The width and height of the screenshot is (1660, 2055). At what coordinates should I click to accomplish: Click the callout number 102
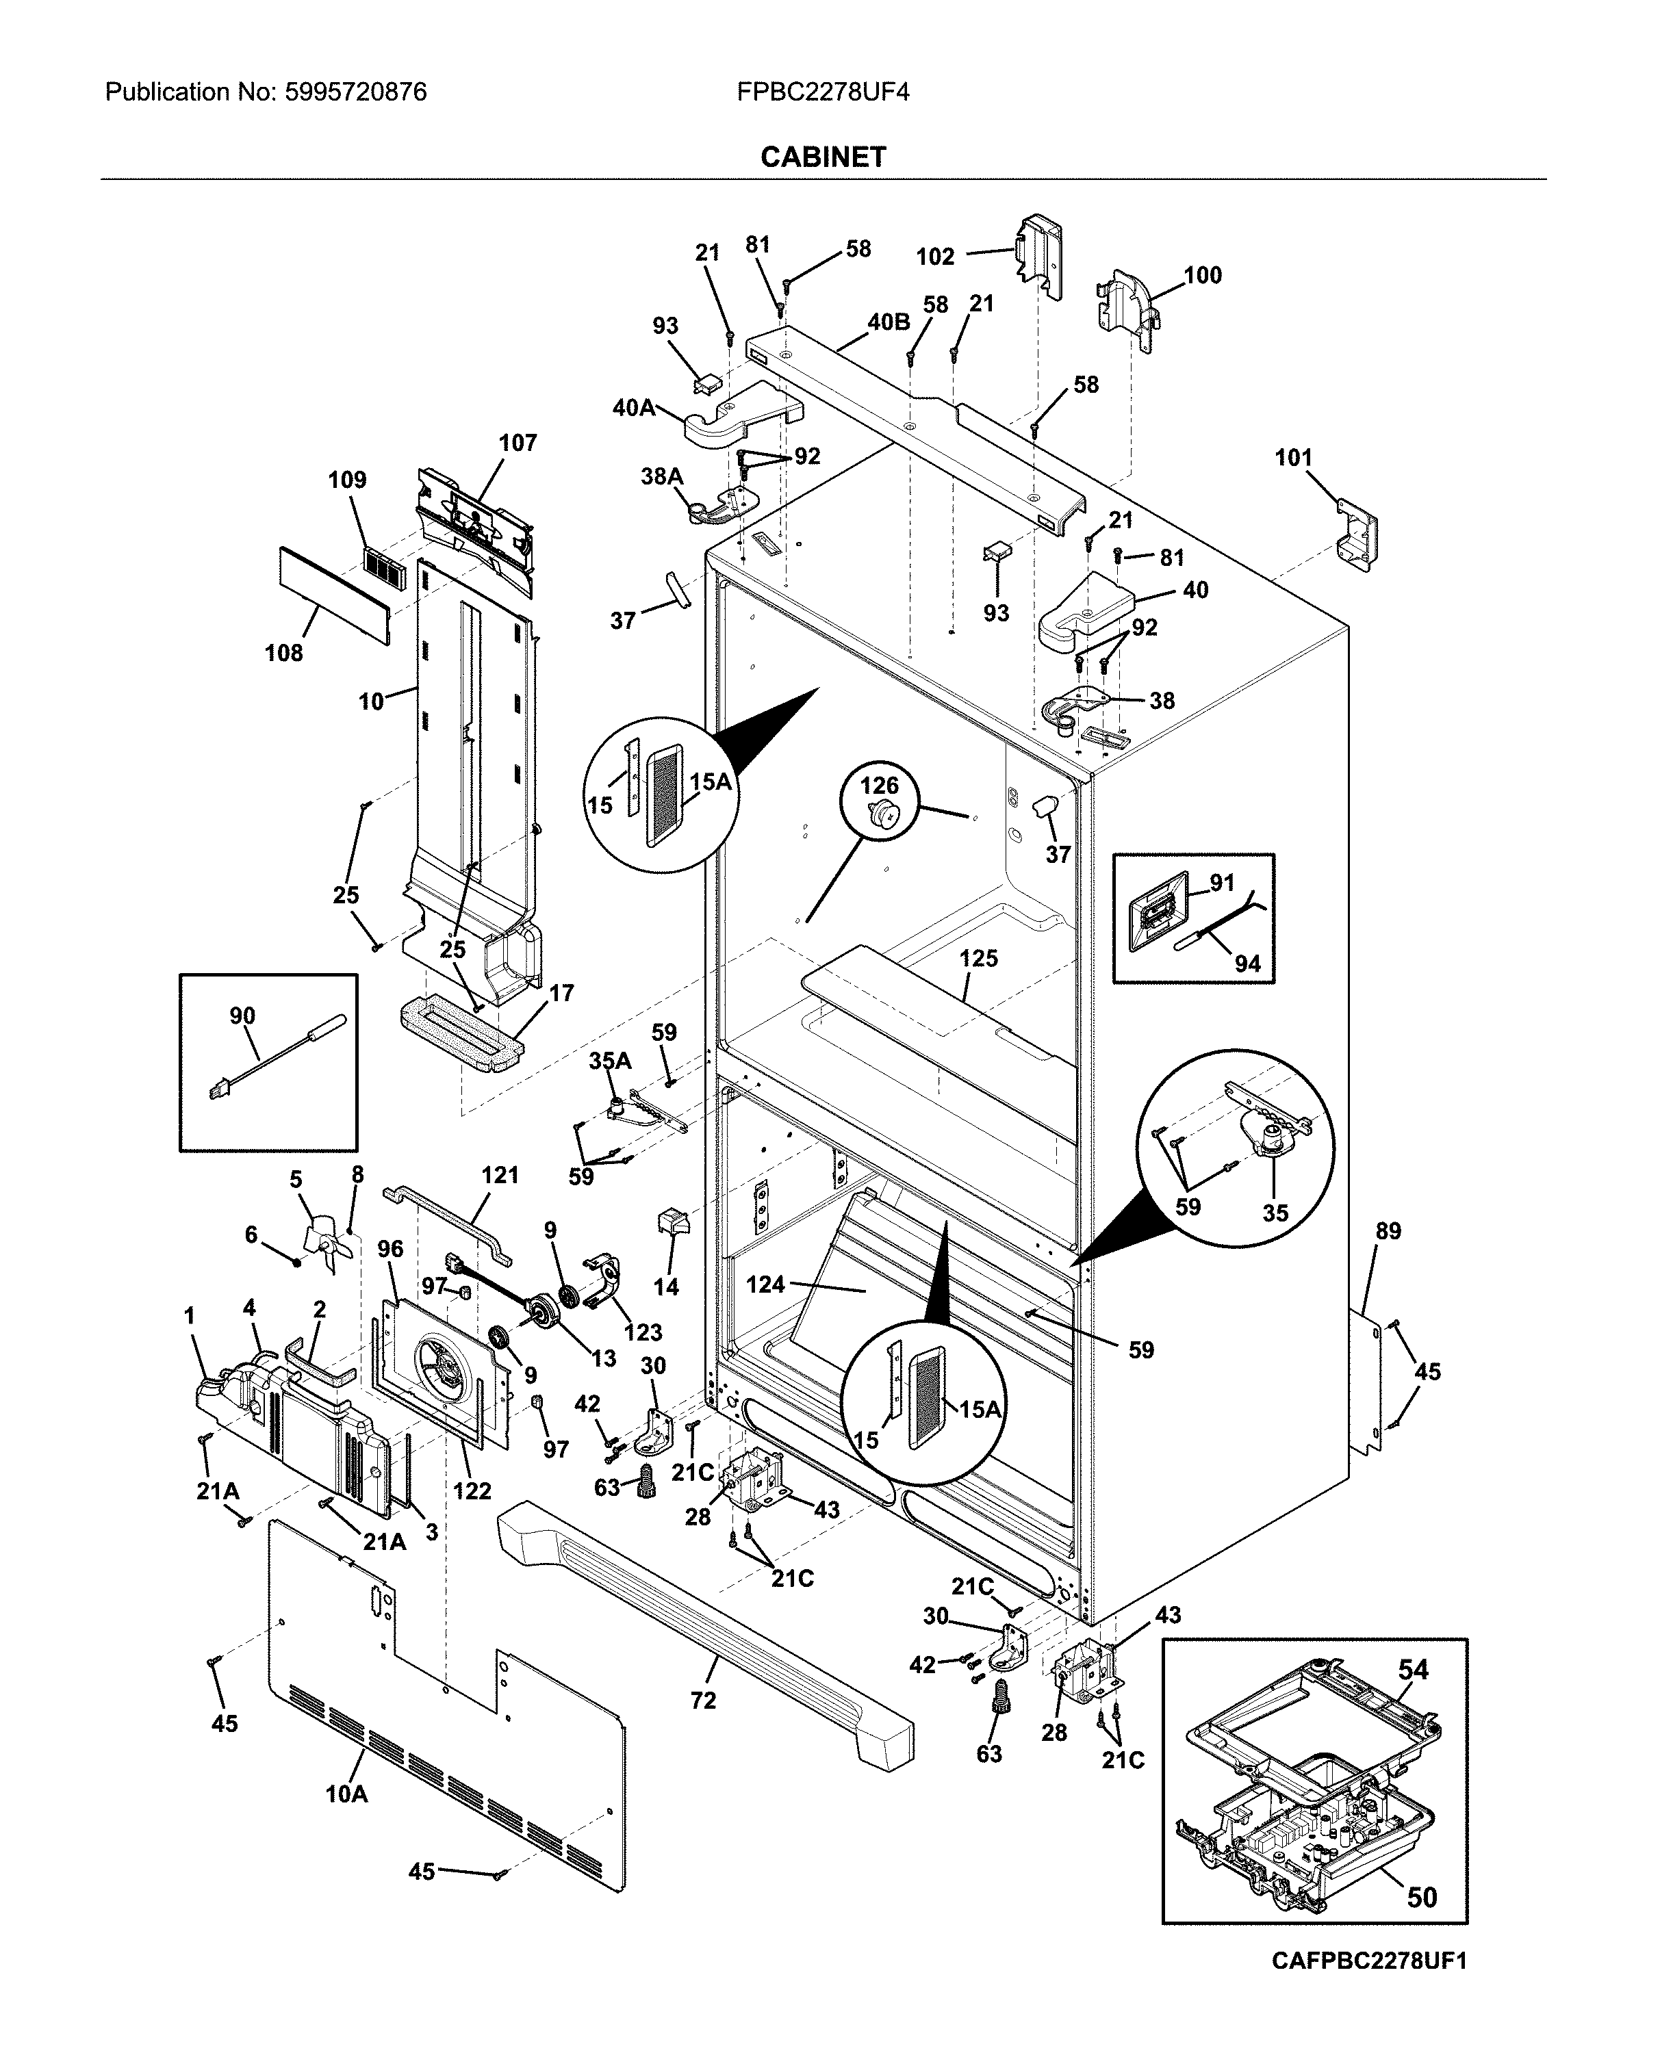[934, 256]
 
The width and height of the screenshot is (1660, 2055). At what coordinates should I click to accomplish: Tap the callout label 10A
[346, 1794]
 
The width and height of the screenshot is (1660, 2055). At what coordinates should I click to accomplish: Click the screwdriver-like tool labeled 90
[277, 1058]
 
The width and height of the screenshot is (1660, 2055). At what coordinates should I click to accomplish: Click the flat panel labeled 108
[335, 595]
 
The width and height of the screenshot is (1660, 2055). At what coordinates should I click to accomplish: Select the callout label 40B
[889, 322]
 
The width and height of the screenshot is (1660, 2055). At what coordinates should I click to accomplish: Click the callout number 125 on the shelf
[978, 958]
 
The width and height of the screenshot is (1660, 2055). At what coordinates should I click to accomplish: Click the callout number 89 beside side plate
[1388, 1231]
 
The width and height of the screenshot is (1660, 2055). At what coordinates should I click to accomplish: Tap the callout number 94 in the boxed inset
[1247, 964]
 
